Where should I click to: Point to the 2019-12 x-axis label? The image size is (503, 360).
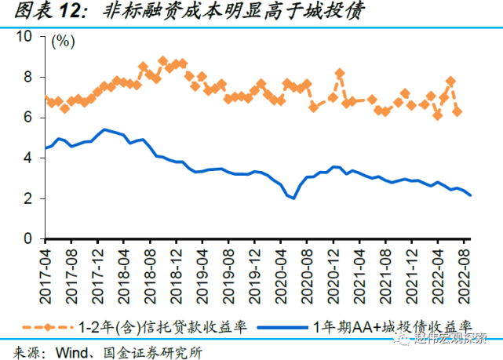254,271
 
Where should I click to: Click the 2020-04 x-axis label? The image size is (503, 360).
280,271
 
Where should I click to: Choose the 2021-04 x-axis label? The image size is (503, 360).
358,271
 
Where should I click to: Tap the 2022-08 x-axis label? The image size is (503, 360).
464,271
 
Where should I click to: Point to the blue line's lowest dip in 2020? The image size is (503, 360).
293,198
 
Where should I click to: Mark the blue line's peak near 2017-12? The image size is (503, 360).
104,129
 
